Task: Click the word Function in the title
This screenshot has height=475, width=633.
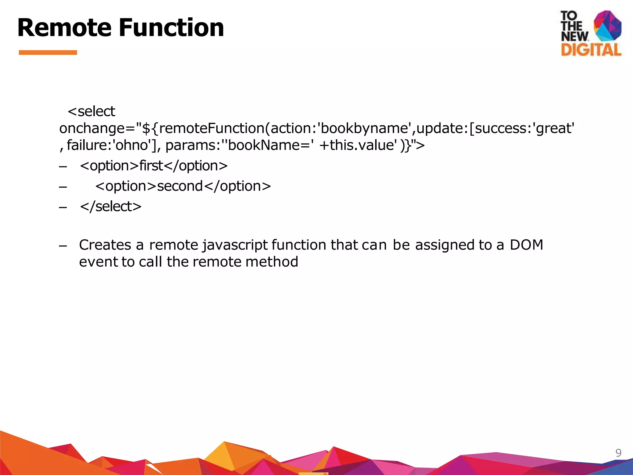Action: point(171,28)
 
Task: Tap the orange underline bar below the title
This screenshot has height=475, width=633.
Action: point(48,53)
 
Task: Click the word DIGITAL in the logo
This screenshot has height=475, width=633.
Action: point(591,50)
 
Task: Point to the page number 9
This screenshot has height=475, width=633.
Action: point(618,453)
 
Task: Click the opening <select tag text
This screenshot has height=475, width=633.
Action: point(91,111)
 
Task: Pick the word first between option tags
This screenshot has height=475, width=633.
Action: point(151,166)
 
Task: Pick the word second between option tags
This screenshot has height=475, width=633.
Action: point(180,186)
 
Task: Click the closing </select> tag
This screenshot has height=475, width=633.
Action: point(111,207)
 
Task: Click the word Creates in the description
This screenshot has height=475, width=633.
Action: point(105,245)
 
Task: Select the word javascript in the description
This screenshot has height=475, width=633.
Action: point(235,245)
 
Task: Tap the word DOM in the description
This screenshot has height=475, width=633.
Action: point(526,245)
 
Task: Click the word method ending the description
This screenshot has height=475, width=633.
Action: point(272,262)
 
